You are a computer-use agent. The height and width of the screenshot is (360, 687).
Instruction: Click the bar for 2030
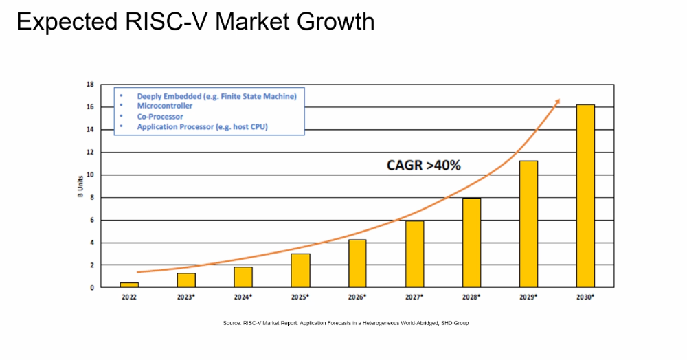[585, 196]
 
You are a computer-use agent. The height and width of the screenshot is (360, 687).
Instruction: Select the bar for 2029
[528, 224]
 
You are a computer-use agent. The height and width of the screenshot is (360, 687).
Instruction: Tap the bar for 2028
[471, 243]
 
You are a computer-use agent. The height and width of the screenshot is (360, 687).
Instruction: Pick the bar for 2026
[357, 263]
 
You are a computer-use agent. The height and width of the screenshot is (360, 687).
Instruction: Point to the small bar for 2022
[129, 284]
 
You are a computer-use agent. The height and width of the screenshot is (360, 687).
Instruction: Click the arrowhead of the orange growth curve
[557, 101]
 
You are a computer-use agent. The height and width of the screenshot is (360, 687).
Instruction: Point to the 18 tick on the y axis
[90, 85]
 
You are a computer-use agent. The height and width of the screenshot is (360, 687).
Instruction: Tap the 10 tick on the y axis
[90, 175]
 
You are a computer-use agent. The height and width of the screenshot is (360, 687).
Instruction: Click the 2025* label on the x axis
[300, 297]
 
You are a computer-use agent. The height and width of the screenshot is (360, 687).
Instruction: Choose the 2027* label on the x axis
[414, 297]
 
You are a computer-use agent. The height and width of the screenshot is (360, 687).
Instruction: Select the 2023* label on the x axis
[186, 297]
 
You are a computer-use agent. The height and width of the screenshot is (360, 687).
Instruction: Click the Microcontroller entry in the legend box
[165, 106]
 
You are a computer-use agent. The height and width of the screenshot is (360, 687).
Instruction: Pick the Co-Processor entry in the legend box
[160, 117]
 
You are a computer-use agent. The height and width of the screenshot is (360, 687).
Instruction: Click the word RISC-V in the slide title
[170, 22]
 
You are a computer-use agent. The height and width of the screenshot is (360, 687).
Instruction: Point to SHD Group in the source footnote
[454, 323]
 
